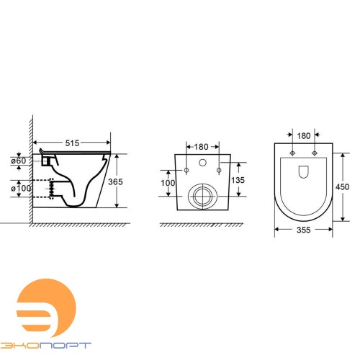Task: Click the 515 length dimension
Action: pos(72,143)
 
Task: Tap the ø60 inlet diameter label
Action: pos(19,161)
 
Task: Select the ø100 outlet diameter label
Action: pos(21,188)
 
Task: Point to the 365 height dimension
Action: pos(115,181)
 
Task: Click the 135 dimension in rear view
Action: pos(238,180)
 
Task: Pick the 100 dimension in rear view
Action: pos(168,183)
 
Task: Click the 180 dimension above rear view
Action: pos(201,147)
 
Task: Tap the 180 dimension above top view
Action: pos(304,136)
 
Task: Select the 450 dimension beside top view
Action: pos(342,186)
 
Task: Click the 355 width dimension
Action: pos(304,230)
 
